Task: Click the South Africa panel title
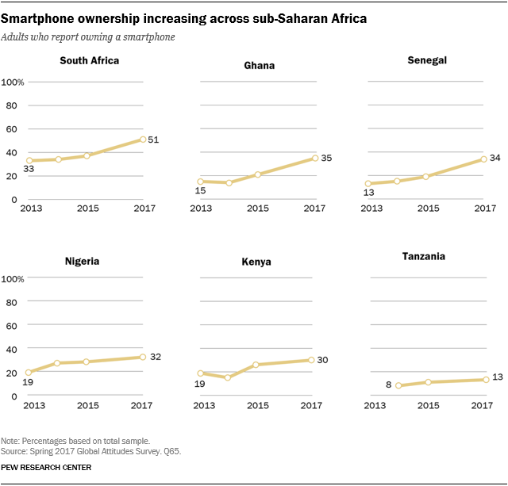point(90,60)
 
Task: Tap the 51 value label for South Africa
point(154,139)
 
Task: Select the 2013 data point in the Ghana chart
point(200,182)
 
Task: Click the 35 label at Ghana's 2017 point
point(325,158)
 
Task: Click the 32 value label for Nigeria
point(156,357)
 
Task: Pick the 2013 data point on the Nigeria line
point(29,373)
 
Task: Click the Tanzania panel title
point(423,256)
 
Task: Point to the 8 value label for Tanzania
point(388,385)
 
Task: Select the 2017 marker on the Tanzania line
point(485,380)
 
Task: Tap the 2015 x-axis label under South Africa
point(87,209)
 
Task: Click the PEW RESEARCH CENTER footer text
point(47,468)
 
